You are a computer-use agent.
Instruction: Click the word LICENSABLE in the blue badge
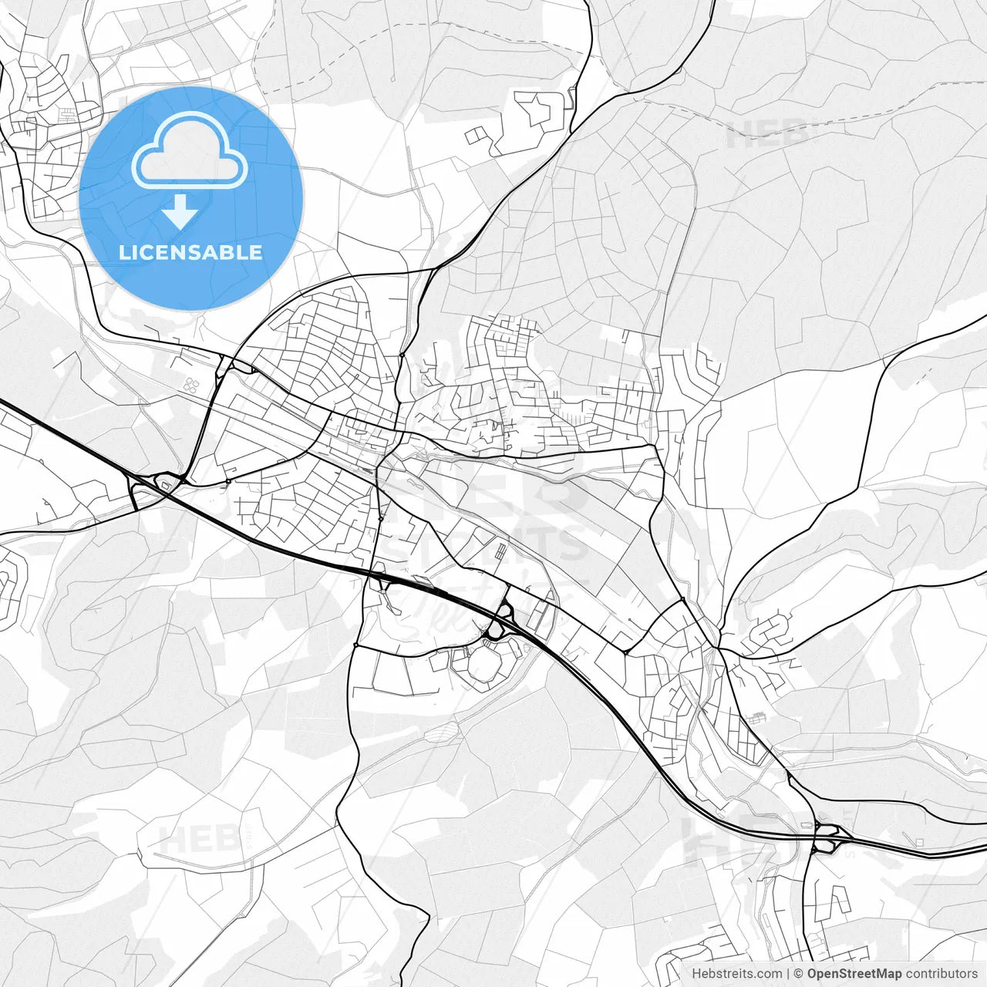190,252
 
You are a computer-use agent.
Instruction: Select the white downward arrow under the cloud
180,211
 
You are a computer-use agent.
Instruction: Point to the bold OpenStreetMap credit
854,974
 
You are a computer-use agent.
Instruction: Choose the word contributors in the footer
942,974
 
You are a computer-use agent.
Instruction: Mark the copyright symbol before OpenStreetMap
799,974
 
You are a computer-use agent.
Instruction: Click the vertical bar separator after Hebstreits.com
787,974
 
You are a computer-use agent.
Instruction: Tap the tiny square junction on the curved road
228,482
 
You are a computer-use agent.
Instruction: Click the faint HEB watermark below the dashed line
767,134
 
